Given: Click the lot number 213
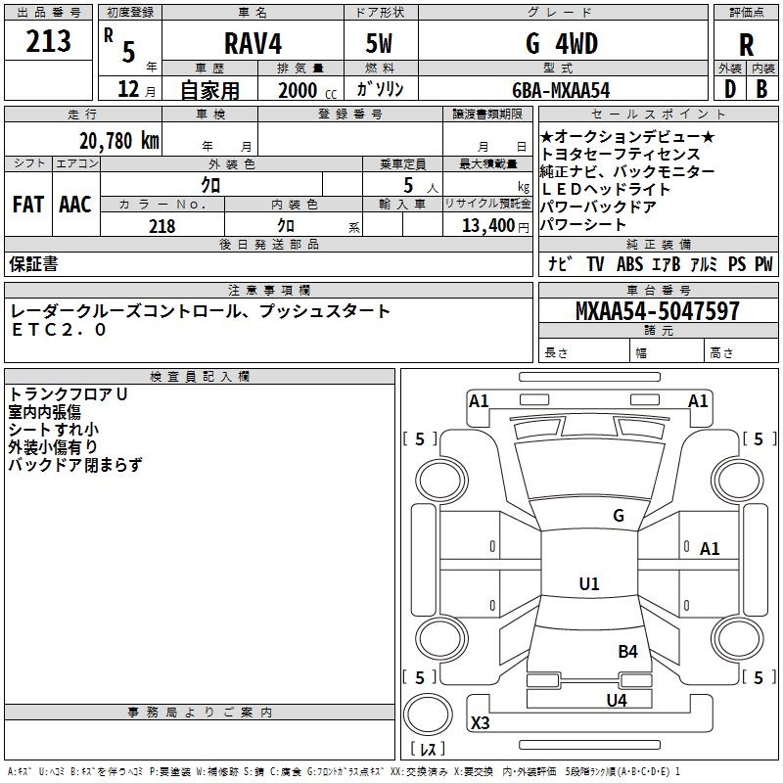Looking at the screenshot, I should coord(49,41).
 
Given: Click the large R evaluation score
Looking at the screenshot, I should coord(746,45).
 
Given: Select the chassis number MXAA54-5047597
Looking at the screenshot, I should coord(657,311).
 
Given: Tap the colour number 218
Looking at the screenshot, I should coord(161,226).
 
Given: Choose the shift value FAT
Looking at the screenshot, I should coord(27,205).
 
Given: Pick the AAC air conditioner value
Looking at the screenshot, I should coord(74,205).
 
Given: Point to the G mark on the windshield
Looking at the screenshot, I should coord(618,516).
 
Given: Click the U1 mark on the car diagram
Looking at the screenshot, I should coord(588,584).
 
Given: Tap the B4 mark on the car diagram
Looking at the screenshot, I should coord(627,651).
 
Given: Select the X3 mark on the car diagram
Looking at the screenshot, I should coord(481,723).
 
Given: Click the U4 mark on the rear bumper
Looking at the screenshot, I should coord(616,700).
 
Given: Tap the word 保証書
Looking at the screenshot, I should coord(33,263).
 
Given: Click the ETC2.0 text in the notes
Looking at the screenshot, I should coord(59,330).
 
